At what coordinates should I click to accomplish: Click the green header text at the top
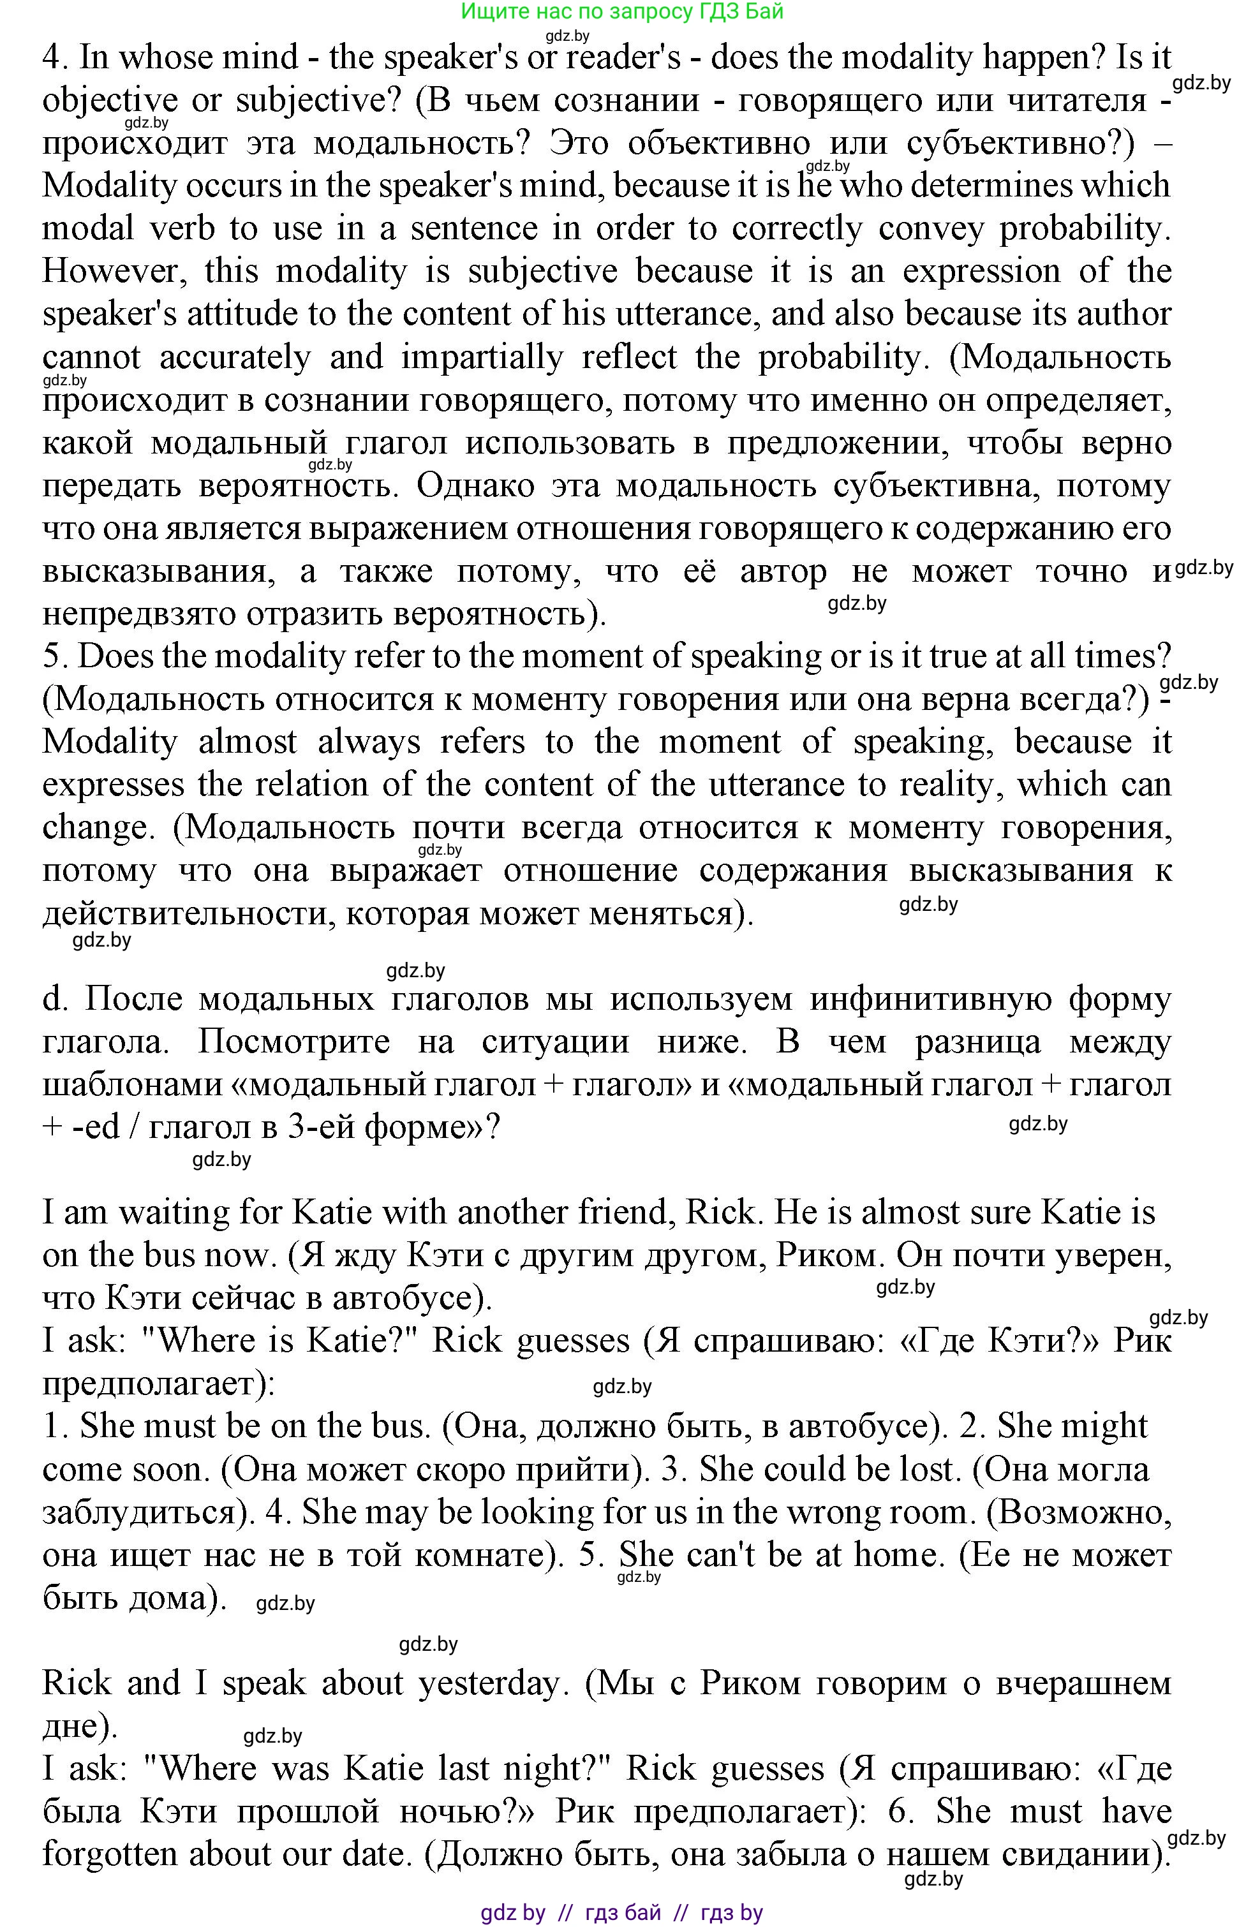coord(621,11)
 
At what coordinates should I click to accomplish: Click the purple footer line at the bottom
coord(621,1912)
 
